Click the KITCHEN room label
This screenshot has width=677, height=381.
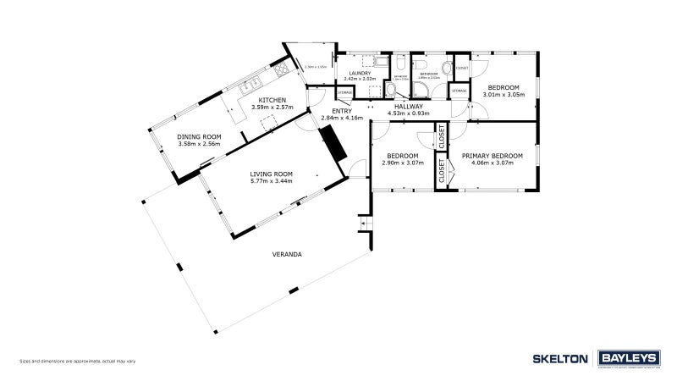[260, 100]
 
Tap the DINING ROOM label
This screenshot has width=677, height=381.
[199, 136]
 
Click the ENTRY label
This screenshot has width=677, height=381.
[342, 111]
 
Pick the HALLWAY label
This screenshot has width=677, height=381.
[409, 106]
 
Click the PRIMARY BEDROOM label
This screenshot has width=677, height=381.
[492, 156]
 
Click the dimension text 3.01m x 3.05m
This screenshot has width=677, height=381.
[504, 94]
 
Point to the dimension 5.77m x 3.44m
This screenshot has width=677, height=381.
[271, 181]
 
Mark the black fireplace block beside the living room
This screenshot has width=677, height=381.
[333, 142]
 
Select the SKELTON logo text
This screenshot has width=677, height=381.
[559, 358]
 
